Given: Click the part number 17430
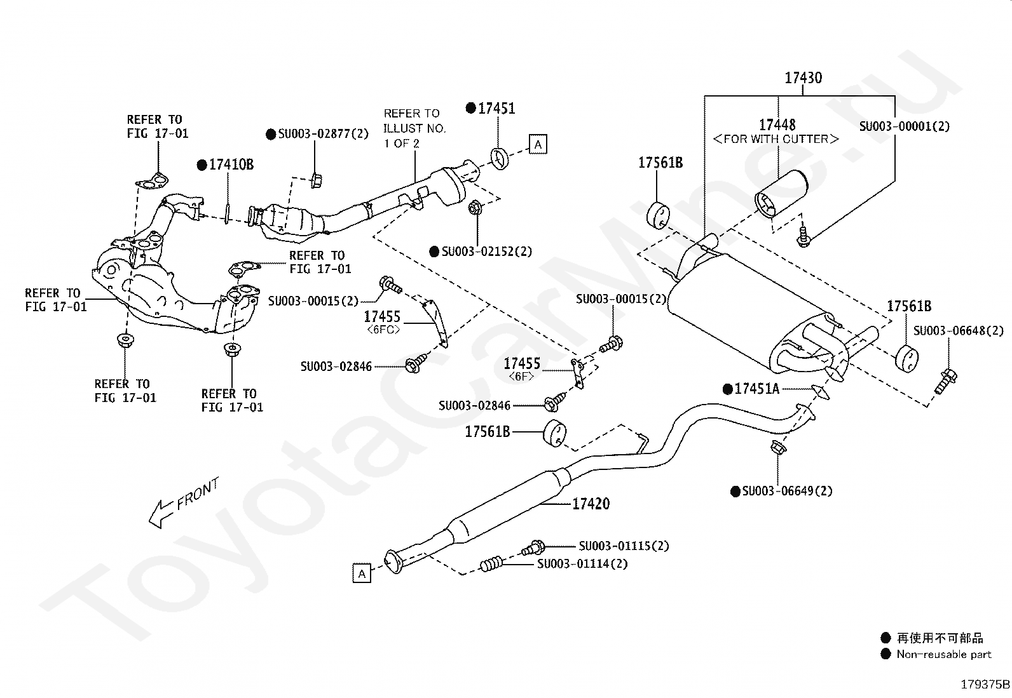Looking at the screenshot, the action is pyautogui.click(x=803, y=77).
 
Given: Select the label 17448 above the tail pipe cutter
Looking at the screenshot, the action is pyautogui.click(x=777, y=124).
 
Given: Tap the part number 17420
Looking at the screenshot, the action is pyautogui.click(x=591, y=504).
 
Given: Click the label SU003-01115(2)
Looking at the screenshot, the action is pyautogui.click(x=624, y=546).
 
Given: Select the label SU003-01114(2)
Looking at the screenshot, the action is pyautogui.click(x=582, y=563).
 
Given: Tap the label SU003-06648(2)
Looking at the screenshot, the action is pyautogui.click(x=959, y=330).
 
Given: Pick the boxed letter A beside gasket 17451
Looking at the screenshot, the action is pyautogui.click(x=538, y=144).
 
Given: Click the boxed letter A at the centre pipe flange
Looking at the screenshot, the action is pyautogui.click(x=362, y=574).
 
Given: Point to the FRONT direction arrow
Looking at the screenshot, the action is pyautogui.click(x=161, y=514).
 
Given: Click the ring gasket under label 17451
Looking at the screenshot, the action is pyautogui.click(x=499, y=158).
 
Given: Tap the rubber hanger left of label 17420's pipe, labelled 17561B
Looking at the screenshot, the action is pyautogui.click(x=554, y=433).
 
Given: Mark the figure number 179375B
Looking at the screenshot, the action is pyautogui.click(x=985, y=685).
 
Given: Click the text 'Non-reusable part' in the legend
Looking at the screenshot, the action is pyautogui.click(x=944, y=654).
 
